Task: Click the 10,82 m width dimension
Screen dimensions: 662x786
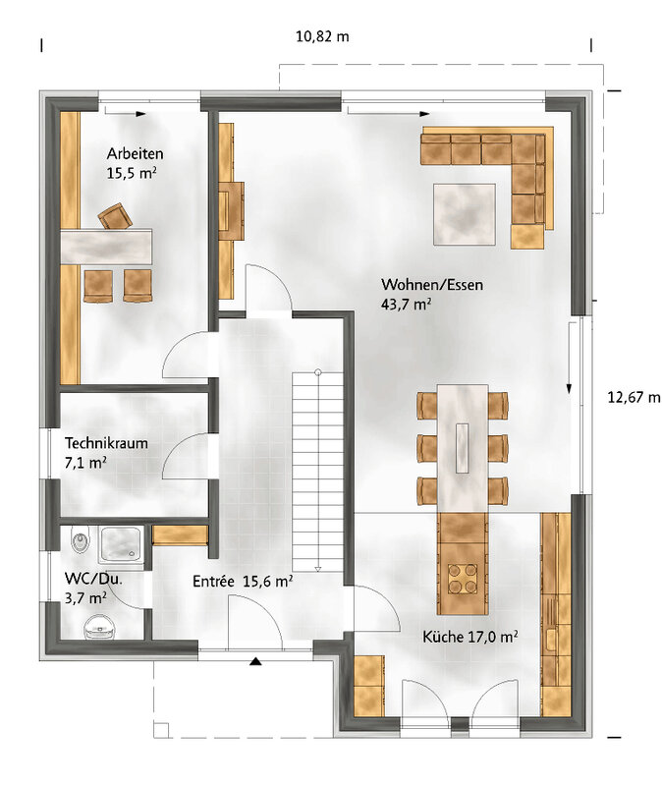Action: coord(322,36)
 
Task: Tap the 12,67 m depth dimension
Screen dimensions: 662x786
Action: coord(634,398)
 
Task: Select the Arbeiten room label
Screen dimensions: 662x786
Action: coord(135,153)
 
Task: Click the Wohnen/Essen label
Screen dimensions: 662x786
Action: coord(432,285)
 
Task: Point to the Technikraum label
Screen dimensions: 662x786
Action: coord(106,443)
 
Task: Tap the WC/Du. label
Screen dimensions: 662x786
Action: coord(93,579)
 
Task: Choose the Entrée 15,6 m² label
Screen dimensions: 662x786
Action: coord(243,581)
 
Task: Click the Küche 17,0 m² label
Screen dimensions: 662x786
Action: coord(470,637)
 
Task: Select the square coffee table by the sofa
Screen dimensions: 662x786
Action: coord(465,214)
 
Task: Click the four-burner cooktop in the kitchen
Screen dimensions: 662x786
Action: coord(462,578)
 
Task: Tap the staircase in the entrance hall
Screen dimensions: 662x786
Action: coord(317,472)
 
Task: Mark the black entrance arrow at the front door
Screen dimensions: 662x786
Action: coord(255,661)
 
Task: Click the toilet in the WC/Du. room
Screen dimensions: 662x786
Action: coord(100,627)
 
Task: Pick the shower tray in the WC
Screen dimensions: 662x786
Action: coord(121,544)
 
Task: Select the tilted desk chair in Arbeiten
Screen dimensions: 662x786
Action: coord(115,216)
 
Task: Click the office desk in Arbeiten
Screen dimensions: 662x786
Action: coord(106,247)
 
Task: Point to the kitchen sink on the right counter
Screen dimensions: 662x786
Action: coord(551,641)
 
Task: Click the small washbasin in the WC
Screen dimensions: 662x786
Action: coord(81,539)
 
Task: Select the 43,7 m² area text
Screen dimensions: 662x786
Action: coord(407,304)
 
